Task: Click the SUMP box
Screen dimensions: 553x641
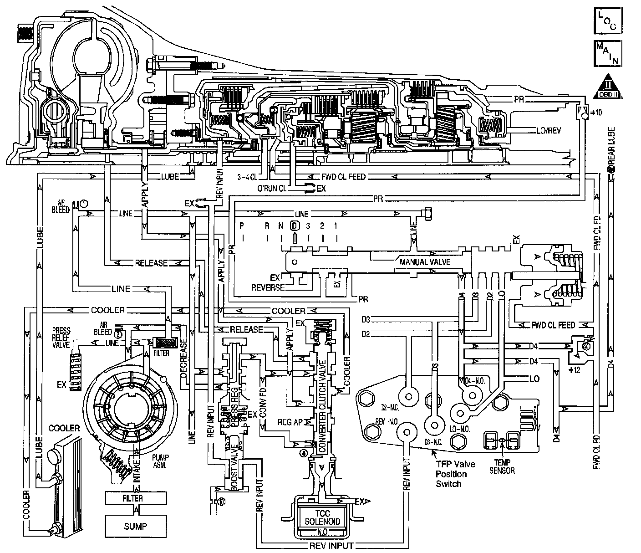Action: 135,526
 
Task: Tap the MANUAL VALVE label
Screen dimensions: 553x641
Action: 425,262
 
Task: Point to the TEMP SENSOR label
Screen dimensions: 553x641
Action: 502,467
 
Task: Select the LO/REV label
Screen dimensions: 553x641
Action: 549,131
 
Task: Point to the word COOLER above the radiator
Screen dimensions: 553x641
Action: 64,428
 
